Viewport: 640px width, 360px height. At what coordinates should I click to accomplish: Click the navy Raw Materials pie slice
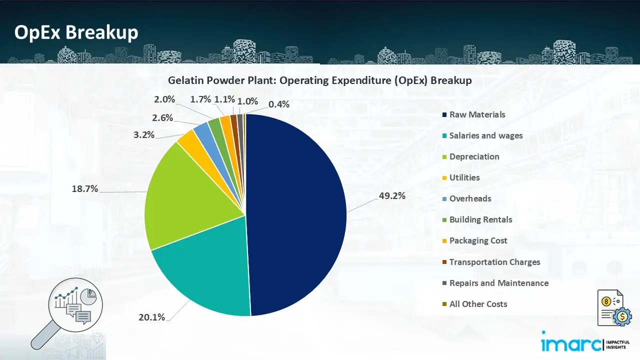(x=295, y=215)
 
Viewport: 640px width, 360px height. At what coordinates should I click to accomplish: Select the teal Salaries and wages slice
(x=205, y=275)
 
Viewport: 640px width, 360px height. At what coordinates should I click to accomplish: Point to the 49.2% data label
(x=392, y=196)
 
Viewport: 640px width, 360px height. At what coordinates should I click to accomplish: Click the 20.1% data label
(x=151, y=317)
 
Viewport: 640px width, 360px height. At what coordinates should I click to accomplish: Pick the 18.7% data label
(x=84, y=189)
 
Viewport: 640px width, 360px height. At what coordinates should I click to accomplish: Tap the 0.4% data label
(x=279, y=104)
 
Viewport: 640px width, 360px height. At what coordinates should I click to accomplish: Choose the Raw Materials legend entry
(x=476, y=114)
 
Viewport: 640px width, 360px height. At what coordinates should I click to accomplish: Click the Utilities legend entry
(x=464, y=177)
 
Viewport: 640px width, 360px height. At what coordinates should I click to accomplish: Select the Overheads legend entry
(x=469, y=198)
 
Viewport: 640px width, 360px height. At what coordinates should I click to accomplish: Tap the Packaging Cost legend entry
(x=477, y=240)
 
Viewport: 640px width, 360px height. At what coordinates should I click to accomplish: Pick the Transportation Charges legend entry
(x=494, y=262)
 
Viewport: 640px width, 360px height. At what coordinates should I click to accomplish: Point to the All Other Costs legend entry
(x=477, y=304)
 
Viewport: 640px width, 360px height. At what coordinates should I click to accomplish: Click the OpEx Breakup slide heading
(x=76, y=32)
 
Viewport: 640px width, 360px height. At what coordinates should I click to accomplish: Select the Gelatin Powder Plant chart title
(x=319, y=80)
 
